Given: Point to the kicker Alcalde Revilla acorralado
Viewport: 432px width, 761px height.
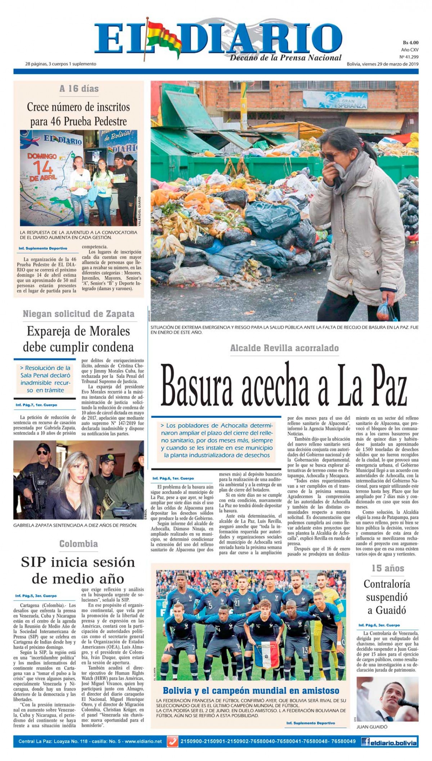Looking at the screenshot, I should click(284, 348).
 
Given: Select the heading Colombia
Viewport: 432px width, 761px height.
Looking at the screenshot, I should click(78, 543).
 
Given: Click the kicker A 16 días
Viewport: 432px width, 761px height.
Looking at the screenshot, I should click(79, 89).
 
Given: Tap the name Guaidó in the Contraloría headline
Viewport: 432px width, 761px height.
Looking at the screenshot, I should click(386, 610).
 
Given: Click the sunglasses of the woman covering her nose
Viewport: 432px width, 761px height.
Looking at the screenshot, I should click(329, 156).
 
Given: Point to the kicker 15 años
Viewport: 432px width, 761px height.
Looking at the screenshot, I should click(388, 568).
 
